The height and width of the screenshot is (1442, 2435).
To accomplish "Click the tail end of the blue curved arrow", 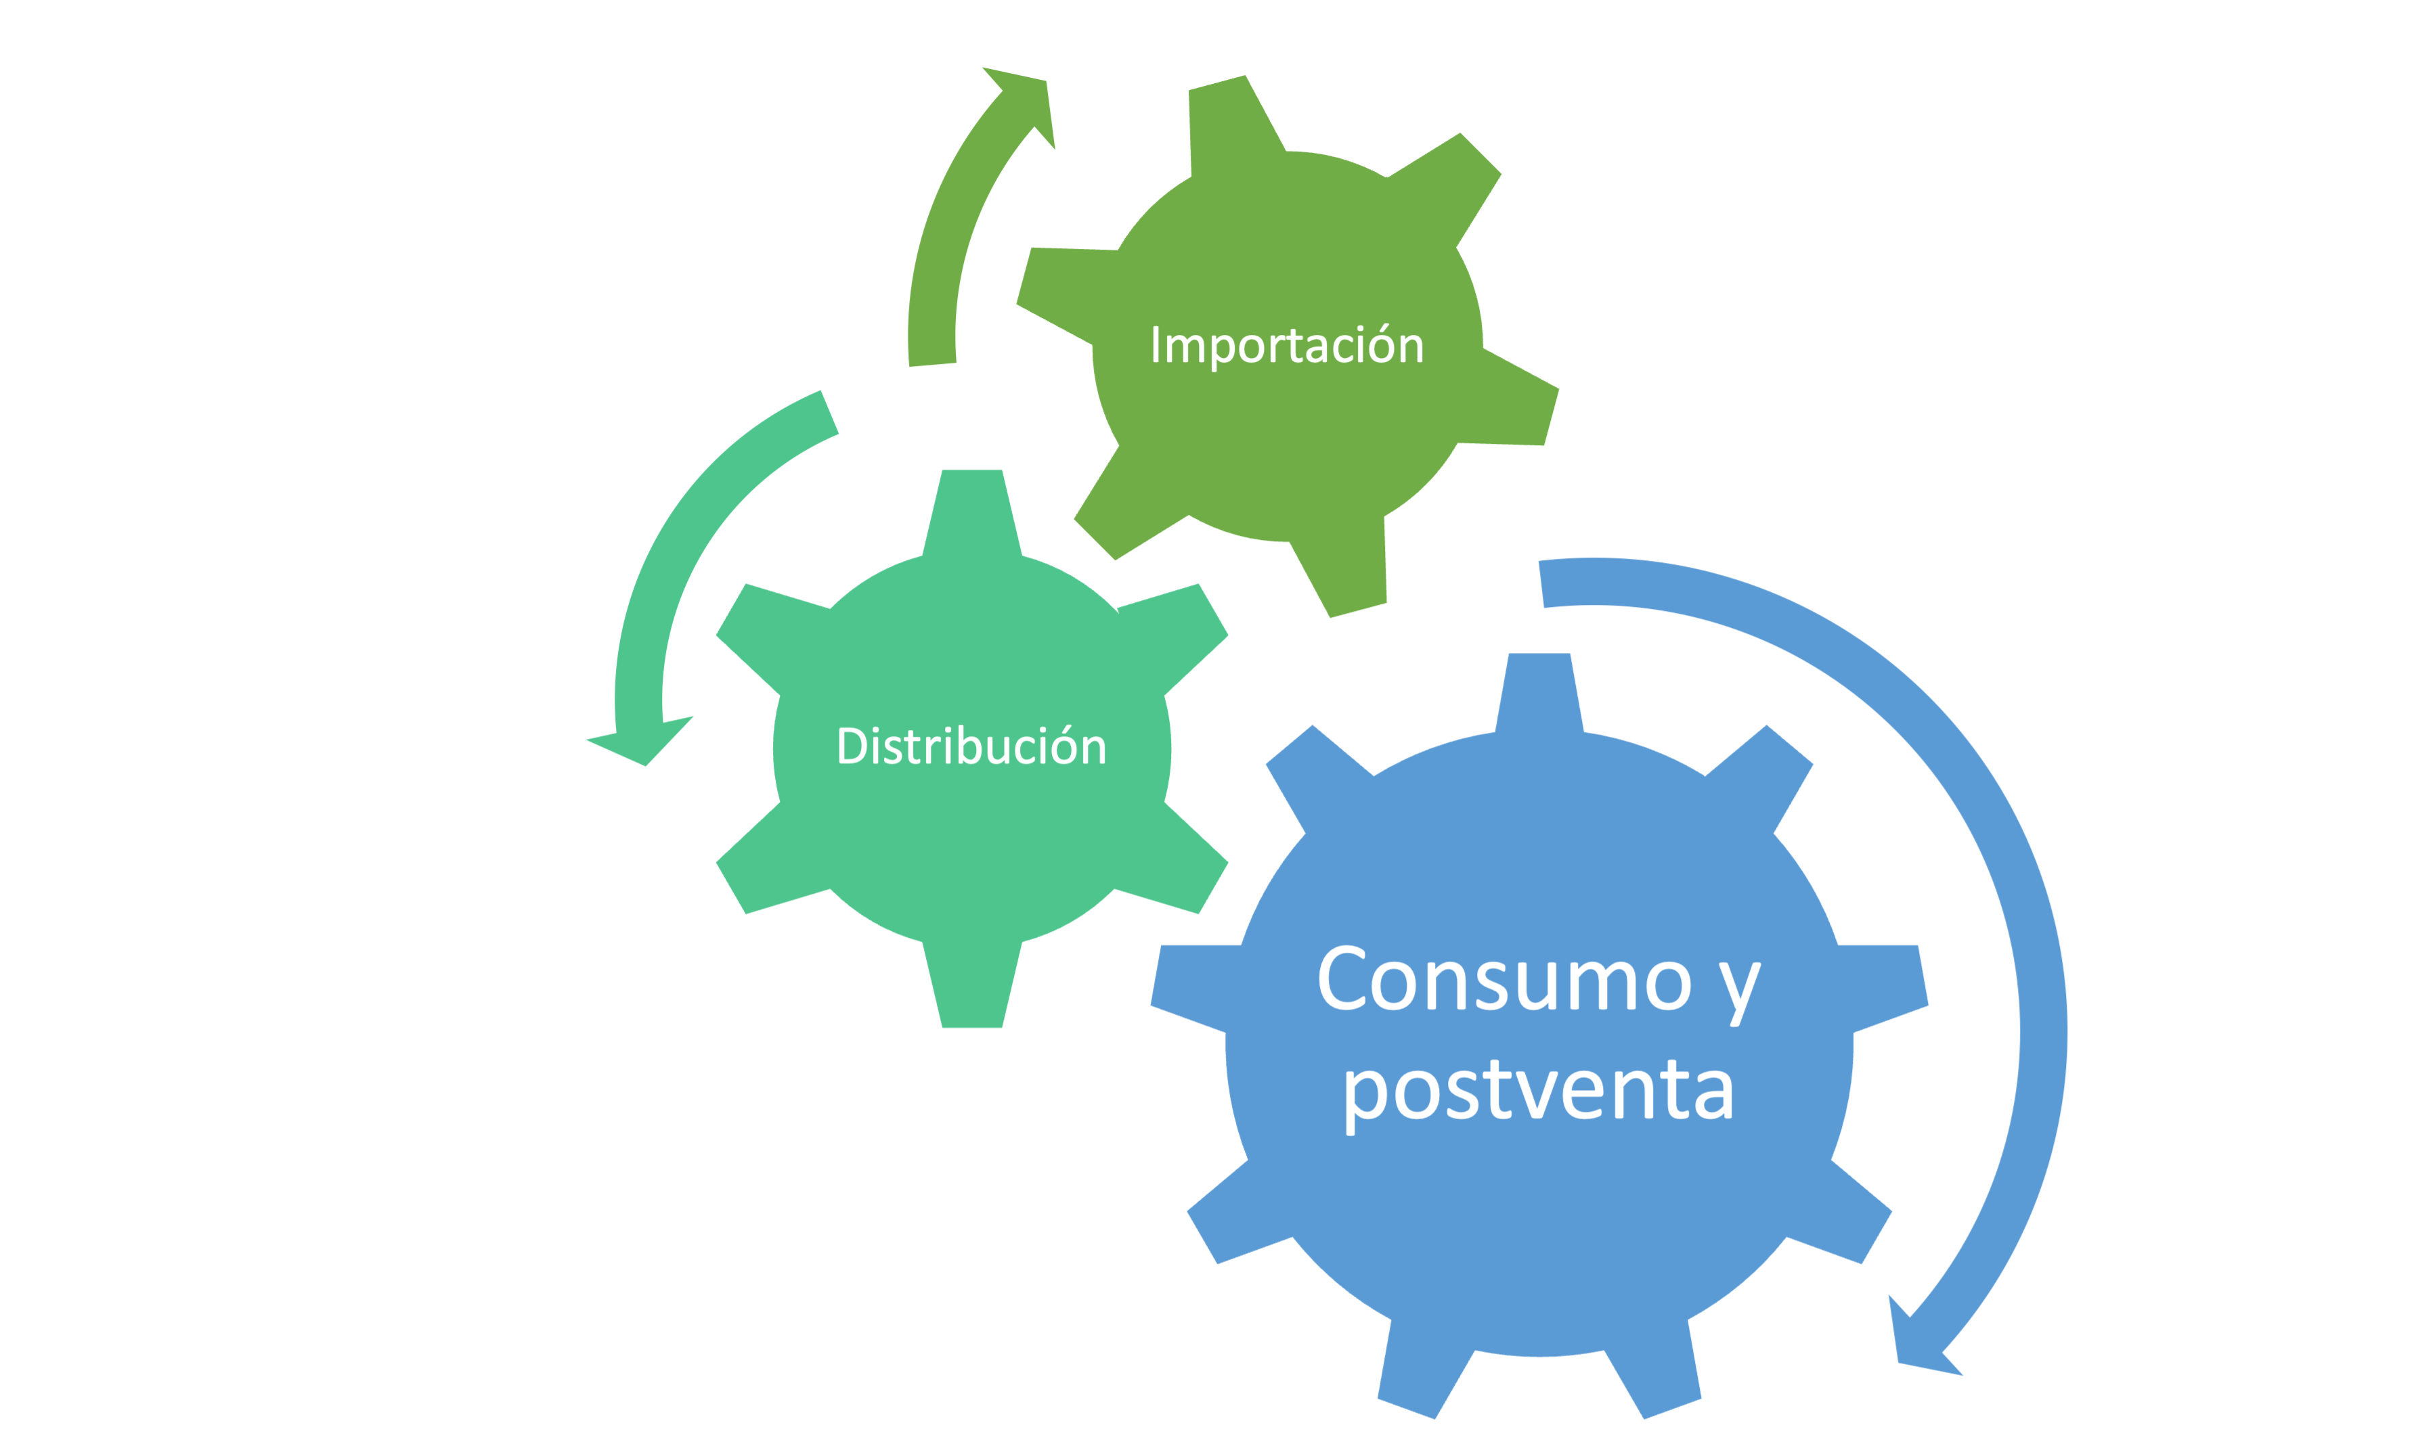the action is click(1541, 584).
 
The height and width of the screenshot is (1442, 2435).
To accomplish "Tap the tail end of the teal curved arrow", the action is click(829, 412).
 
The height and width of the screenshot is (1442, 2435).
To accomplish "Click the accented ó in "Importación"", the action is click(1381, 344).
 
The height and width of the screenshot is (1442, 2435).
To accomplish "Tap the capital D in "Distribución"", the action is click(852, 745).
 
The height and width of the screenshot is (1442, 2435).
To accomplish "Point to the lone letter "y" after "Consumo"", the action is click(1739, 994).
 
